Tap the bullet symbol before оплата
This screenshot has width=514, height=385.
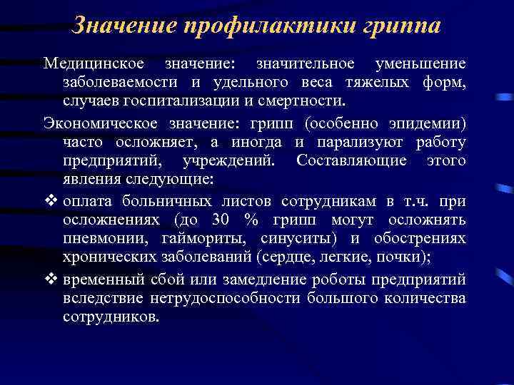pyautogui.click(x=51, y=200)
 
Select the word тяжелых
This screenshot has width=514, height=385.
pyautogui.click(x=380, y=83)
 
